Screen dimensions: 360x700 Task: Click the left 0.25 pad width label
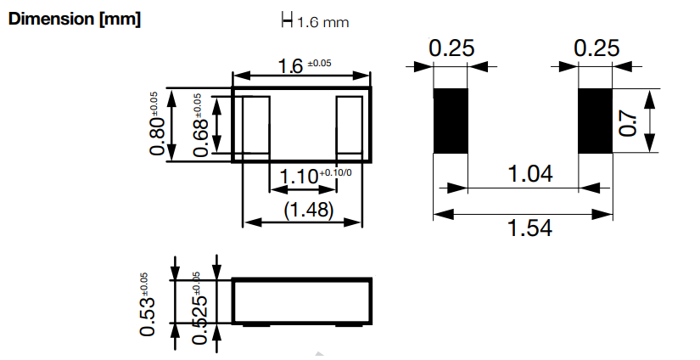coord(451,49)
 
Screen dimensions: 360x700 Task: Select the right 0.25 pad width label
coord(596,49)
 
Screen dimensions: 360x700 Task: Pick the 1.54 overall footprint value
coord(529,228)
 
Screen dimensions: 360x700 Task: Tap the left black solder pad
coord(451,121)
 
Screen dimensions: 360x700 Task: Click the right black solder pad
coord(596,121)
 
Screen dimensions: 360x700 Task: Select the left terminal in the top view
coord(252,125)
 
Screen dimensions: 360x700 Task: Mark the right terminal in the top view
coord(350,125)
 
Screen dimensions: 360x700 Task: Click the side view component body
coord(301,301)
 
